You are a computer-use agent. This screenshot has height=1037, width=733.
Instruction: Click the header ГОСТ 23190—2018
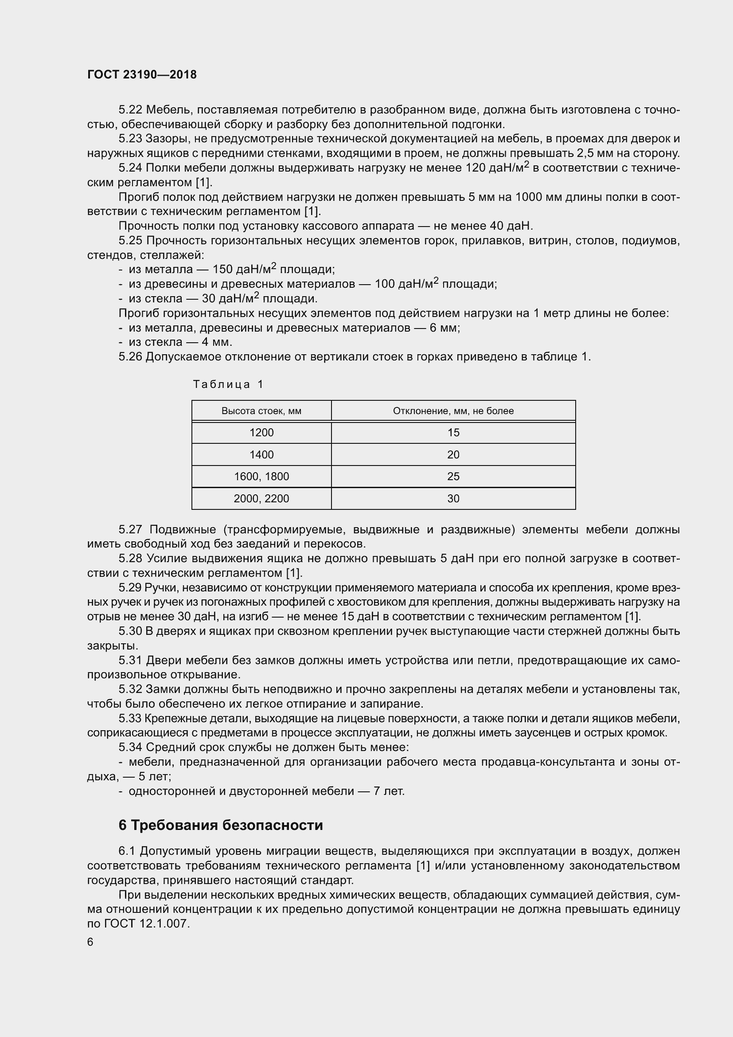142,74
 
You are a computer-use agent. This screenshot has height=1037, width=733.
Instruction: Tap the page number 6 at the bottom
90,942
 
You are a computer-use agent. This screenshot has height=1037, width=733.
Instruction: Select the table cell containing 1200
261,432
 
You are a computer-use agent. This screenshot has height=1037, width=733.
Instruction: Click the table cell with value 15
453,432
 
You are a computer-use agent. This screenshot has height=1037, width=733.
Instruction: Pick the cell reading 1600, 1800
261,477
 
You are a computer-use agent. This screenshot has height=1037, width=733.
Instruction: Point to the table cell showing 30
453,499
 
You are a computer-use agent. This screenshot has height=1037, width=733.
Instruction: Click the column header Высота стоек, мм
261,411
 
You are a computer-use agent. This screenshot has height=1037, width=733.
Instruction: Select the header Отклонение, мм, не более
453,411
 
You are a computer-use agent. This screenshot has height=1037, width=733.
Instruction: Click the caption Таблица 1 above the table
228,384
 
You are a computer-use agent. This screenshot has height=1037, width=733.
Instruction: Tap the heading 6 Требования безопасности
221,825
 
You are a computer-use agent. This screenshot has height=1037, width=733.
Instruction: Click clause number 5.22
130,110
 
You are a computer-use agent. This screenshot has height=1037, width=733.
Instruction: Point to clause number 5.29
130,587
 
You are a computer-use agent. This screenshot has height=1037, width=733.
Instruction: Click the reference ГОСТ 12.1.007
147,924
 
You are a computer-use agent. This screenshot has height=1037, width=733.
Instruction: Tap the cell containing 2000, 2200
261,499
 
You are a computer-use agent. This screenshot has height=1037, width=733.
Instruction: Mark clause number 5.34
130,747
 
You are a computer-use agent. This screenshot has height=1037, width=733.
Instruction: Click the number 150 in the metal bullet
222,270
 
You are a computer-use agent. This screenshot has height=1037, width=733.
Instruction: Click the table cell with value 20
453,454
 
